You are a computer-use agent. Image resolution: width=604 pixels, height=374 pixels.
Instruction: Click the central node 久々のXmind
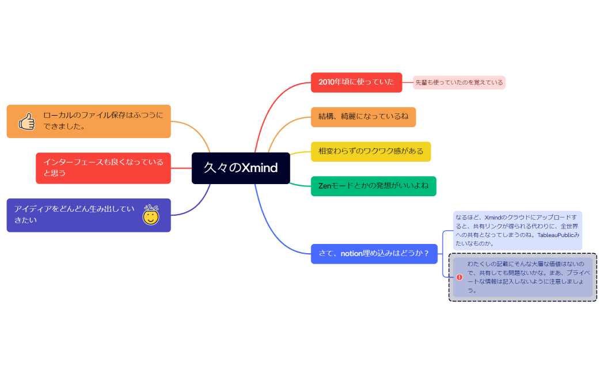pyautogui.click(x=241, y=168)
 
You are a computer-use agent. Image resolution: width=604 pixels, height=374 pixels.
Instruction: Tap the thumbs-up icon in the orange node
pyautogui.click(x=27, y=121)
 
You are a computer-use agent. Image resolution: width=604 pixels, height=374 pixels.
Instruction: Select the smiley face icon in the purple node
pyautogui.click(x=151, y=215)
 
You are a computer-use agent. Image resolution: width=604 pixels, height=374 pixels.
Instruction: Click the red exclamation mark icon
pyautogui.click(x=459, y=277)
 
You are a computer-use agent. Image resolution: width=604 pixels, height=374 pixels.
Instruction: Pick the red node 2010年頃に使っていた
pyautogui.click(x=356, y=82)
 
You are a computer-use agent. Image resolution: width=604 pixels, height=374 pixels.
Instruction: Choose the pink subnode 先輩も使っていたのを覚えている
pyautogui.click(x=459, y=82)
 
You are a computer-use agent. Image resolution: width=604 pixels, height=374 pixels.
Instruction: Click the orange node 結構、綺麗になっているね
pyautogui.click(x=363, y=117)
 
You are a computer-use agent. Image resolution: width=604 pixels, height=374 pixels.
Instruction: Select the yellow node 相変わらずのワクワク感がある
pyautogui.click(x=371, y=151)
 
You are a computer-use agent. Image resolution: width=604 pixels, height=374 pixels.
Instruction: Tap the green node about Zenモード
pyautogui.click(x=373, y=186)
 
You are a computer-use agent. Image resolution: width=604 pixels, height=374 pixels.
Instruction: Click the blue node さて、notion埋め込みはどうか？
pyautogui.click(x=374, y=254)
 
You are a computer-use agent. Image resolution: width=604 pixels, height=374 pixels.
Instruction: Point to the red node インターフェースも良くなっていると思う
pyautogui.click(x=103, y=168)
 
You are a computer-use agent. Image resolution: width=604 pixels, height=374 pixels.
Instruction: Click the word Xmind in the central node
pyautogui.click(x=259, y=168)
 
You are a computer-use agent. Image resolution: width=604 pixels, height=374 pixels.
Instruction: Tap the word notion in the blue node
pyautogui.click(x=352, y=254)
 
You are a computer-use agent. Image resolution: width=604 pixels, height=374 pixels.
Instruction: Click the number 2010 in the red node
pyautogui.click(x=326, y=82)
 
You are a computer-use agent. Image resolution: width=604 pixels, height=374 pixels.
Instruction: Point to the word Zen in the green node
pyautogui.click(x=325, y=186)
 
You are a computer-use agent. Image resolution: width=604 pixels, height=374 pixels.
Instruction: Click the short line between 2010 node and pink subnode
pyautogui.click(x=408, y=82)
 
